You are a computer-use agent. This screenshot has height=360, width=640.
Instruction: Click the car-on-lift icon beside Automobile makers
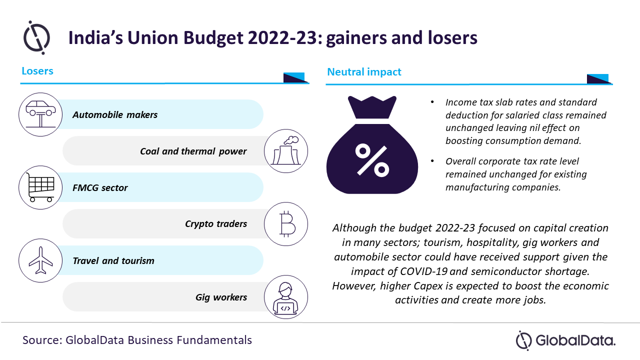pyautogui.click(x=40, y=114)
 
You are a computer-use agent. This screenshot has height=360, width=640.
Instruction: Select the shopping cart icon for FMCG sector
pyautogui.click(x=40, y=187)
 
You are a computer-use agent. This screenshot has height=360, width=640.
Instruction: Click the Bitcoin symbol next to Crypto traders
pyautogui.click(x=287, y=224)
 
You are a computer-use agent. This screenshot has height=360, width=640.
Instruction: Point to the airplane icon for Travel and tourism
pyautogui.click(x=40, y=260)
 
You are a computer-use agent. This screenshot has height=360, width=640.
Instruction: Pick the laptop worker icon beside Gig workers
pyautogui.click(x=285, y=297)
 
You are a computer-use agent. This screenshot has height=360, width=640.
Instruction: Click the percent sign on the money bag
pyautogui.click(x=372, y=159)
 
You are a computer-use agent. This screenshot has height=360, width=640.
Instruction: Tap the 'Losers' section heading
pyautogui.click(x=37, y=71)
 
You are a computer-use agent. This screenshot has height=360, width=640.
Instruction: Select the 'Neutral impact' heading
pyautogui.click(x=364, y=72)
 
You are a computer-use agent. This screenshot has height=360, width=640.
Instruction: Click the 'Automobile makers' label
pyautogui.click(x=115, y=115)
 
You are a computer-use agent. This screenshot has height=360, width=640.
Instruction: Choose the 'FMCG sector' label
pyautogui.click(x=100, y=187)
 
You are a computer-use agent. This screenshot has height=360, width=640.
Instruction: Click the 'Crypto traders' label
pyautogui.click(x=216, y=224)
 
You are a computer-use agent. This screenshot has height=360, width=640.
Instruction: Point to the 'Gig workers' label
pyautogui.click(x=221, y=297)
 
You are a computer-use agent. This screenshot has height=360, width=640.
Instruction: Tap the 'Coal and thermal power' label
pyautogui.click(x=193, y=151)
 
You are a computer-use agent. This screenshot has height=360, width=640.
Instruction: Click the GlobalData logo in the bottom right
pyautogui.click(x=565, y=340)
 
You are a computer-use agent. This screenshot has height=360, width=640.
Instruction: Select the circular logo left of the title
pyautogui.click(x=36, y=37)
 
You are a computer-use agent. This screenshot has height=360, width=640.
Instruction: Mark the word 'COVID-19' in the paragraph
pyautogui.click(x=423, y=271)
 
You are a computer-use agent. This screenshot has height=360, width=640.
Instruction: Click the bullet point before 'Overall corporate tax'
pyautogui.click(x=432, y=161)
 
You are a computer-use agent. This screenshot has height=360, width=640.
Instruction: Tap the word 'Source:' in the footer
pyautogui.click(x=42, y=340)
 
